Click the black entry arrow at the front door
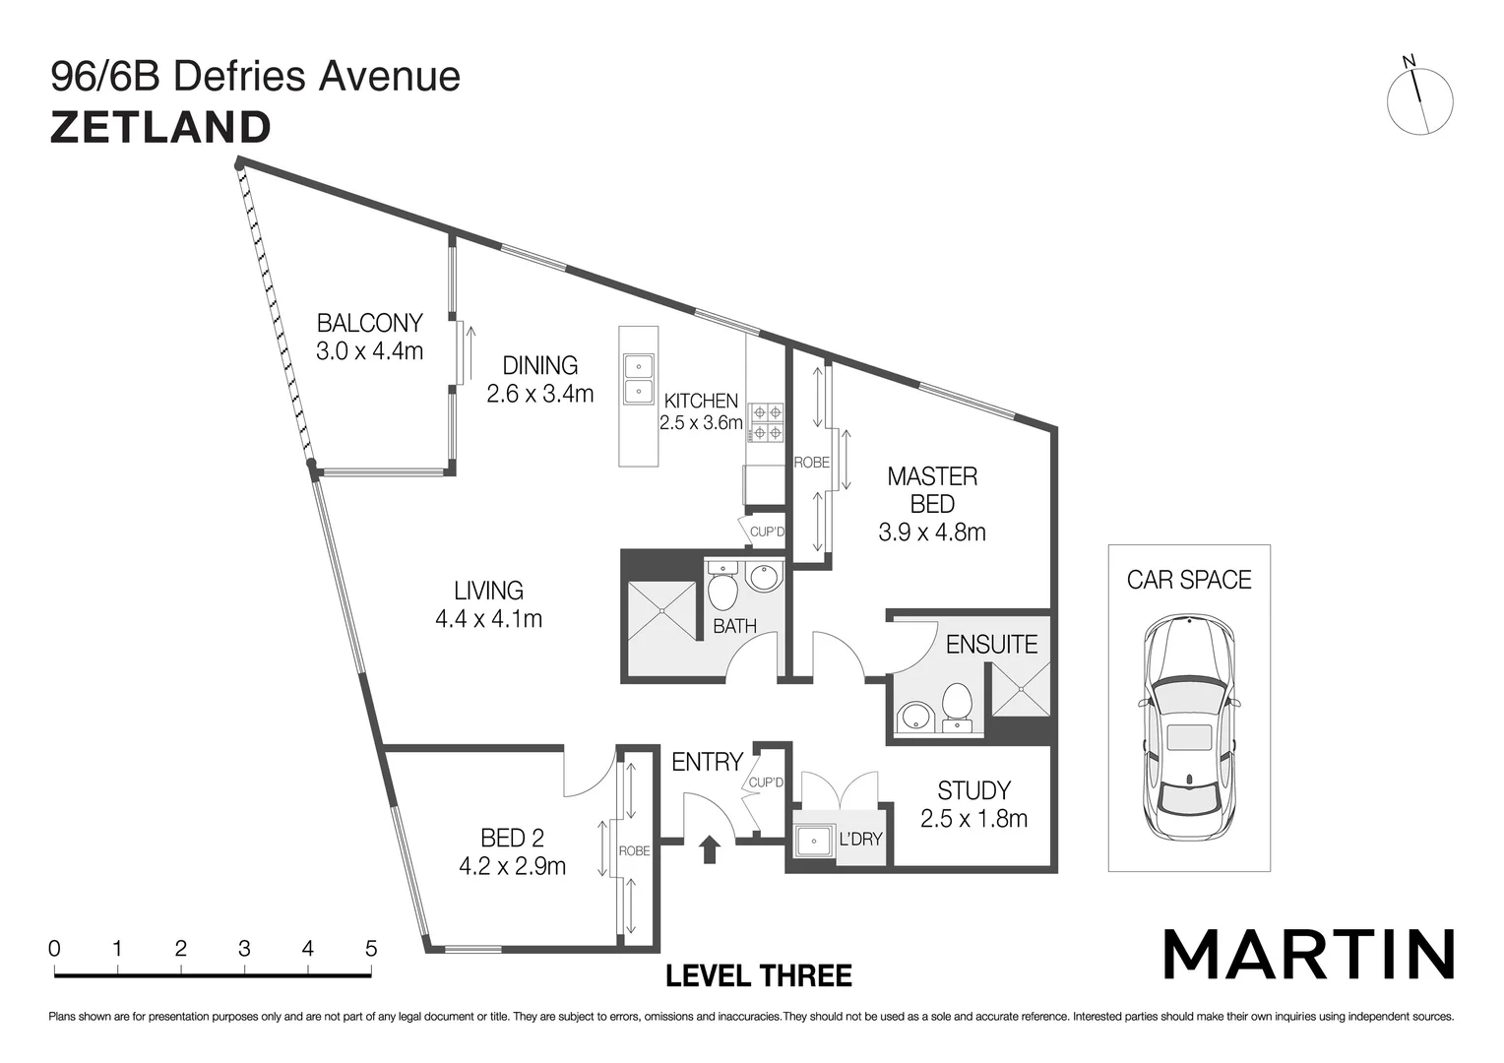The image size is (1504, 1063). point(708,848)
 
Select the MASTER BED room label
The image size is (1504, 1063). point(932,490)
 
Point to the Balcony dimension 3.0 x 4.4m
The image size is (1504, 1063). point(369,350)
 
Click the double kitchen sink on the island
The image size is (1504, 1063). point(638,379)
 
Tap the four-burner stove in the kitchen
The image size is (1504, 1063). point(767,422)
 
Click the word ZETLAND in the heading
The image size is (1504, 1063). point(160,128)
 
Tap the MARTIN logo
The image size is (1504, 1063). point(1308,954)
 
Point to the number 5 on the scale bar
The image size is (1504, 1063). point(371,949)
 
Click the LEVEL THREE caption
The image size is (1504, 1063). point(759,976)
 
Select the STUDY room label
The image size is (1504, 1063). point(973,790)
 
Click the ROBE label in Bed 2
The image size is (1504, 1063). point(634,850)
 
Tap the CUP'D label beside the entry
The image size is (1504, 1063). point(766,782)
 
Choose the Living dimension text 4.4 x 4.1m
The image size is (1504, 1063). point(488,619)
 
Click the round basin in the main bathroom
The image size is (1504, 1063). point(763,577)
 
